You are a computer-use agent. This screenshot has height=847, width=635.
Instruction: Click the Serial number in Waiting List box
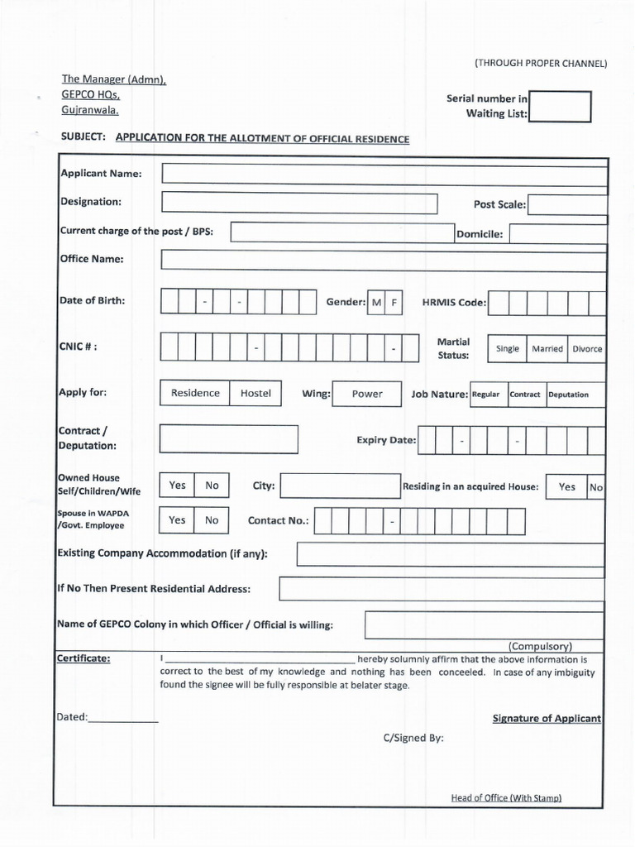pyautogui.click(x=560, y=107)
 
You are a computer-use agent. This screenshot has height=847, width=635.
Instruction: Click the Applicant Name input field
pyautogui.click(x=384, y=173)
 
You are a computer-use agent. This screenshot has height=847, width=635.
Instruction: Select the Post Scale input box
pyautogui.click(x=567, y=204)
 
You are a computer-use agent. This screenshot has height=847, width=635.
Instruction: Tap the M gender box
pyautogui.click(x=376, y=303)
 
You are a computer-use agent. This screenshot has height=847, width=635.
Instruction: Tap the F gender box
pyautogui.click(x=394, y=303)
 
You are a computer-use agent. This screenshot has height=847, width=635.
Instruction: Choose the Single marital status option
pyautogui.click(x=508, y=349)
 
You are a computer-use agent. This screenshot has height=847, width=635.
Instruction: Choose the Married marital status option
pyautogui.click(x=547, y=349)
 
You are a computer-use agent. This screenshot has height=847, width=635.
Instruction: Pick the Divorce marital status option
pyautogui.click(x=587, y=349)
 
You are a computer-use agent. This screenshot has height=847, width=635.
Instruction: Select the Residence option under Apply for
pyautogui.click(x=195, y=393)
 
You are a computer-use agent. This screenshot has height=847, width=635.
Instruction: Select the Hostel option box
pyautogui.click(x=255, y=393)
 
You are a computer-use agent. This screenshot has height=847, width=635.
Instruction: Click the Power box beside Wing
pyautogui.click(x=367, y=394)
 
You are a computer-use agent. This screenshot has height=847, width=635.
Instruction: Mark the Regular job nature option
pyautogui.click(x=486, y=395)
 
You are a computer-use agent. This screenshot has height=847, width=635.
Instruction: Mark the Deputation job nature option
pyautogui.click(x=569, y=395)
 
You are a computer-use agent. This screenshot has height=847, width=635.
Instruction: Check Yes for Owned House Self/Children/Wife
pyautogui.click(x=178, y=486)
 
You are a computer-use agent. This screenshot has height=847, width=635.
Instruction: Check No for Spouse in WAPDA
pyautogui.click(x=212, y=520)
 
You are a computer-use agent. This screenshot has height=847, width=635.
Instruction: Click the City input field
pyautogui.click(x=340, y=486)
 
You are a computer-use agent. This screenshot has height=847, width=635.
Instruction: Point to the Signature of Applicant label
pyautogui.click(x=547, y=719)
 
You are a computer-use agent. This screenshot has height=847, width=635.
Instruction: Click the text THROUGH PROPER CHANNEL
pyautogui.click(x=541, y=64)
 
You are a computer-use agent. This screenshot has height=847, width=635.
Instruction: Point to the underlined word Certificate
pyautogui.click(x=84, y=658)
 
